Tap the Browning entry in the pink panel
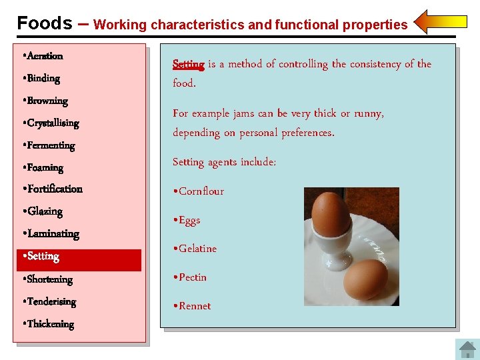[45, 101]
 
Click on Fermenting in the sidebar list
[49, 145]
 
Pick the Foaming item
[43, 168]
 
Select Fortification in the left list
[53, 189]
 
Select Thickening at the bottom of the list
[48, 324]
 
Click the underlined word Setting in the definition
[188, 65]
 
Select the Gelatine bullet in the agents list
[195, 249]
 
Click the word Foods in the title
[45, 23]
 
